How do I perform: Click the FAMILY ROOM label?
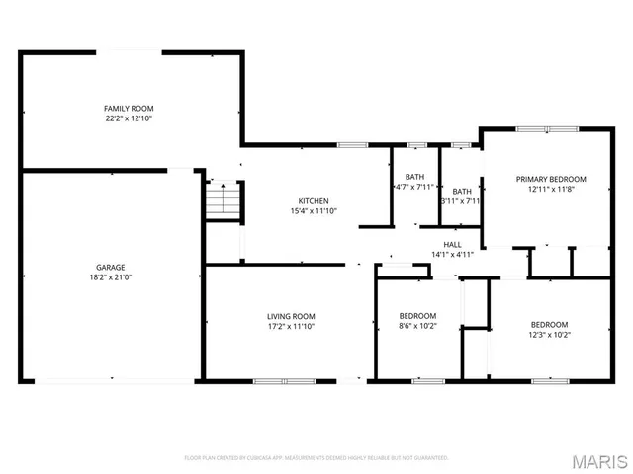(129, 108)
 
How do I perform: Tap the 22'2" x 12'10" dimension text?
(129, 118)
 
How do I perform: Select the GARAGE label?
(110, 267)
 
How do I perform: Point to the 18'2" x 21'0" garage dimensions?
(110, 277)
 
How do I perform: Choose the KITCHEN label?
(314, 200)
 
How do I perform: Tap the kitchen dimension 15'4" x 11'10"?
(314, 211)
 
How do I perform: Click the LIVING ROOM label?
(291, 316)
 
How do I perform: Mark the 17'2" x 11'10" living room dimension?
(291, 327)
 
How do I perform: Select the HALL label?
(452, 244)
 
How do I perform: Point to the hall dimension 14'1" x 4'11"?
(452, 255)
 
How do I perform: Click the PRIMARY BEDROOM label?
(551, 179)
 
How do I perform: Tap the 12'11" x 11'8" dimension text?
(551, 190)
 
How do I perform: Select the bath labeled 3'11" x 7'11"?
(462, 191)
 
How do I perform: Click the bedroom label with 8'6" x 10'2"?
(417, 316)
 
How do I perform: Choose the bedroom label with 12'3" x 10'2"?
(549, 325)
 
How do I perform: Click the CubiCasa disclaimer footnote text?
(316, 457)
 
